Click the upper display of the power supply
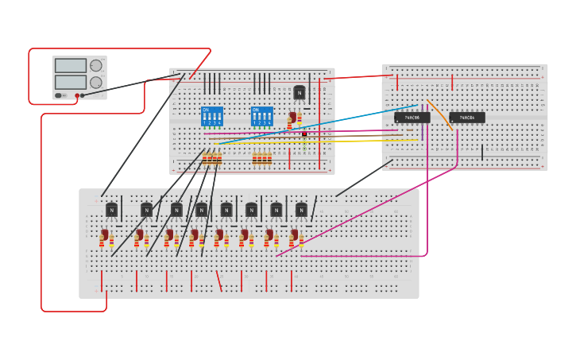click(71, 66)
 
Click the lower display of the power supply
click(71, 82)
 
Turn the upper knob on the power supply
click(96, 66)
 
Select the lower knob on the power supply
click(96, 83)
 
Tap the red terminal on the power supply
click(77, 96)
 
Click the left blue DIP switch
click(212, 116)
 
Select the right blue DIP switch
click(261, 116)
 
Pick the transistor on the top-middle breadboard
click(300, 93)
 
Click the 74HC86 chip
click(412, 118)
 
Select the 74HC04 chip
click(467, 118)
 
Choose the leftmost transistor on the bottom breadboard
click(111, 211)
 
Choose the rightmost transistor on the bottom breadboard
click(301, 211)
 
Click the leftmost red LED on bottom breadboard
click(103, 236)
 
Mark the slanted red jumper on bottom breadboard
click(218, 281)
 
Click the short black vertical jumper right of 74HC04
click(481, 152)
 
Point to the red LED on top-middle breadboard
click(292, 118)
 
